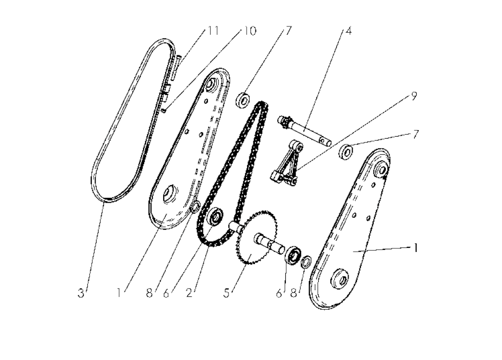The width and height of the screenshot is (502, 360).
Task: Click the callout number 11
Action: (x=213, y=31)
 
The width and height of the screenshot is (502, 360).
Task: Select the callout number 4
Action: (x=349, y=31)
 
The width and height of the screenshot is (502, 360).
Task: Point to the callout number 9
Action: (x=414, y=96)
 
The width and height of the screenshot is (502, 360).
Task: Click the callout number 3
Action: (x=81, y=293)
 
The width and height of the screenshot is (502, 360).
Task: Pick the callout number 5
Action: (x=226, y=293)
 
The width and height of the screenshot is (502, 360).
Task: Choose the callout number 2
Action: (x=189, y=293)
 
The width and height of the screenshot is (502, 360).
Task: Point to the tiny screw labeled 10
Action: (x=164, y=111)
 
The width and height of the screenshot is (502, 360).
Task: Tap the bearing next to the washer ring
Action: (x=293, y=255)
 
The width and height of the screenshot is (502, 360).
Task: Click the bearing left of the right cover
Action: (x=346, y=152)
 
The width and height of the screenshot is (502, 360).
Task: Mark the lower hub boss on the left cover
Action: (x=169, y=193)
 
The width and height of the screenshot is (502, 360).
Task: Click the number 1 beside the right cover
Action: (x=416, y=248)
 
